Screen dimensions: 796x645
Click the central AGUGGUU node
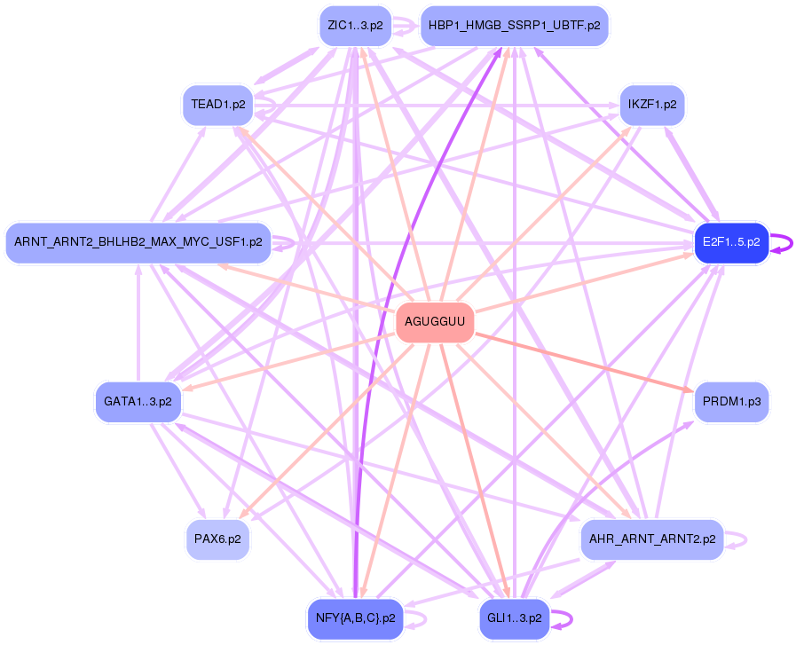point(434,322)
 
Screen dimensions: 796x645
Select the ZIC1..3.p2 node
point(355,26)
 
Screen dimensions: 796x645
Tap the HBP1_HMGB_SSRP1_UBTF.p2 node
point(514,26)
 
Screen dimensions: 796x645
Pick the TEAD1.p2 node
point(217,105)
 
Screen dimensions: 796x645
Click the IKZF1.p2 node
point(652,105)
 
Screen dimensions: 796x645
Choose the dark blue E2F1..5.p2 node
point(730,241)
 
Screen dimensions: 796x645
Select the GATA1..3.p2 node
point(138,401)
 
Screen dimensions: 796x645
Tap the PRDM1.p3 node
point(730,402)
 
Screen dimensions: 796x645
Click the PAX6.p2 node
point(217,539)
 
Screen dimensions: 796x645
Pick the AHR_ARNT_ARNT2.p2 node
point(652,539)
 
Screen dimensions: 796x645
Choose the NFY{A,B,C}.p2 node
point(355,617)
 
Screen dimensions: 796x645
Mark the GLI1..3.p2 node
point(515,617)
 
